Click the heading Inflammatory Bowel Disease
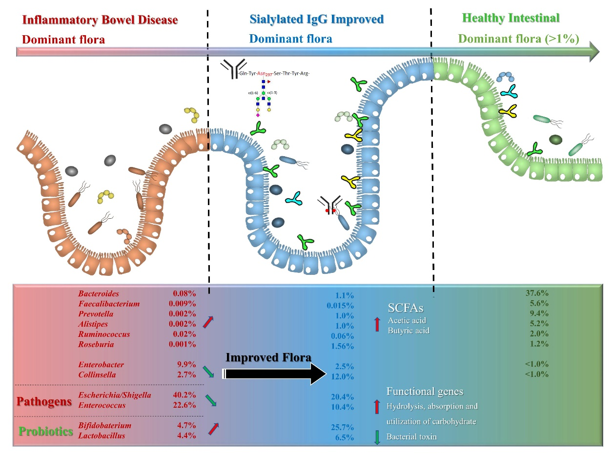100,20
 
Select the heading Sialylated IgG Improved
317,19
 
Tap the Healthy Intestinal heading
511,18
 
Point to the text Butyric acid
409,330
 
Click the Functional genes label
425,391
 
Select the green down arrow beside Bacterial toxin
376,436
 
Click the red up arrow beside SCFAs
376,324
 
